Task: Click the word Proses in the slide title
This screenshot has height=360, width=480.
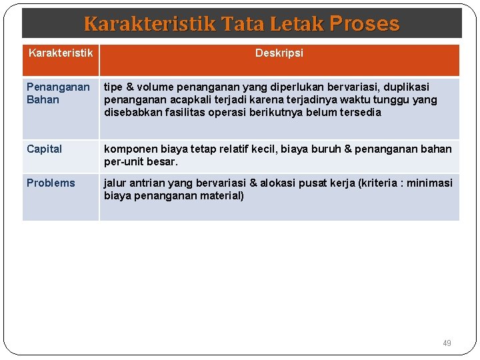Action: [364, 24]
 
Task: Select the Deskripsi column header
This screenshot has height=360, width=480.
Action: [279, 53]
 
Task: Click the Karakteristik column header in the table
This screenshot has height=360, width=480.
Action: [61, 53]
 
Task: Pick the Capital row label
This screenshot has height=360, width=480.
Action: [44, 149]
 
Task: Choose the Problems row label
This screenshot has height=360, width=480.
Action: [51, 183]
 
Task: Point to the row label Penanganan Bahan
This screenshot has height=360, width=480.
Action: [58, 93]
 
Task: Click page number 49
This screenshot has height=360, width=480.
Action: [447, 343]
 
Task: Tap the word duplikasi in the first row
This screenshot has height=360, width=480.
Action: [407, 87]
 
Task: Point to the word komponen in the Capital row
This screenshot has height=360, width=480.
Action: [129, 149]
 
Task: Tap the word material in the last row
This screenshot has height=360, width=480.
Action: [221, 195]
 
